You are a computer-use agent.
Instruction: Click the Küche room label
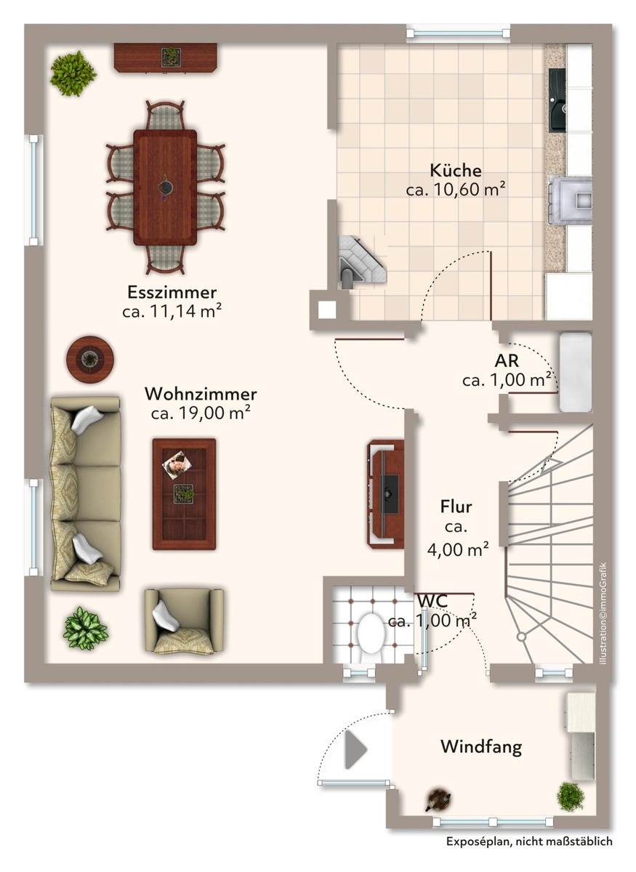pos(455,170)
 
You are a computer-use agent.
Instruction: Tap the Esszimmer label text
pos(172,292)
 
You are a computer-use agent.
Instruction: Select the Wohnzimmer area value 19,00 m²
pos(214,413)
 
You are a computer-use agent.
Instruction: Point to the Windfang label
pos(481,746)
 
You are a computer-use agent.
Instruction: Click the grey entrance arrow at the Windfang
pos(355,749)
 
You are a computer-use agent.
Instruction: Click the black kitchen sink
pos(557,100)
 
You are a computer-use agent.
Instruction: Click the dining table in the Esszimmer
pos(165,187)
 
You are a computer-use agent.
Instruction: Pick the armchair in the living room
pos(184,621)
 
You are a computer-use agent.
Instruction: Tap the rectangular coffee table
pos(184,494)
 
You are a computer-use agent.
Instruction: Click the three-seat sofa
pos(86,494)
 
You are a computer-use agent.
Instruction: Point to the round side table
pos(90,359)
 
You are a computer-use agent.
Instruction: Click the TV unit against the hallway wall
pos(385,494)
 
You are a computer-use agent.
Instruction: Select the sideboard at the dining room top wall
pos(165,57)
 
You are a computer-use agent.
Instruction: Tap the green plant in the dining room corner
pos(73,73)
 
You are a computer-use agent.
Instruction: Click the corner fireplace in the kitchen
pos(361,261)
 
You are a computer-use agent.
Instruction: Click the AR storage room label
pos(507,360)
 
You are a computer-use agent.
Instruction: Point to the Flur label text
pos(456,506)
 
